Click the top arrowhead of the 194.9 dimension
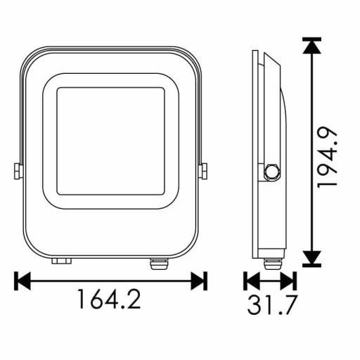(311, 48)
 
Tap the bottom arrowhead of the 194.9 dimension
(311, 258)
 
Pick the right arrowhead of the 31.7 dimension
(288, 281)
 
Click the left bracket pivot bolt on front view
(16, 171)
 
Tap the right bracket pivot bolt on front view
(205, 171)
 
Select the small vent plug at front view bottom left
(61, 262)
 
